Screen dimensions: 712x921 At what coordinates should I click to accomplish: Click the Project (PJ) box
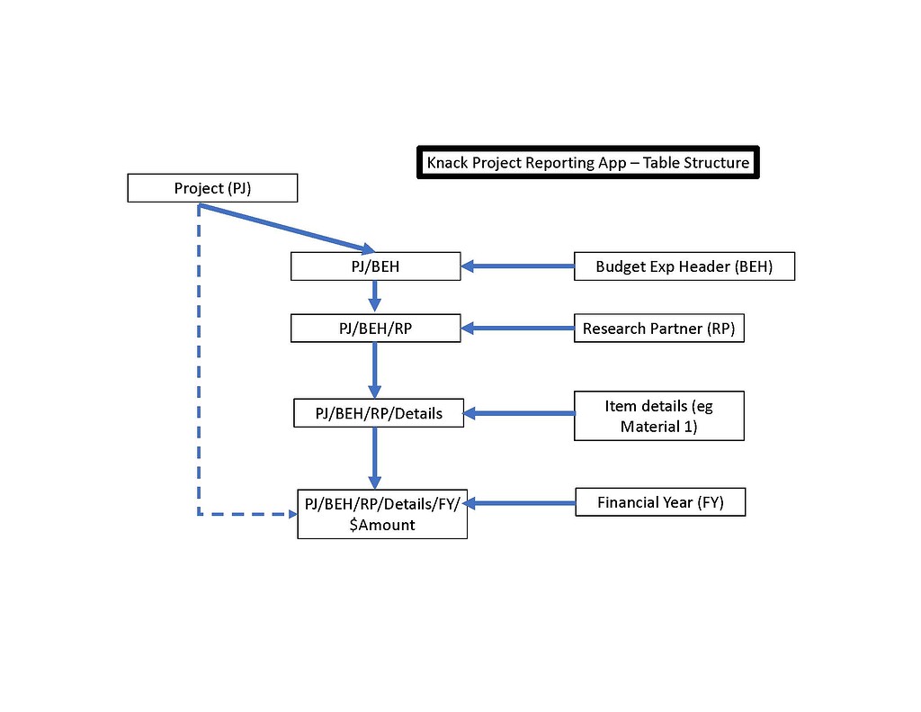pos(212,189)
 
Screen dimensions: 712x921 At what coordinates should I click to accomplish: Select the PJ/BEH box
pos(375,266)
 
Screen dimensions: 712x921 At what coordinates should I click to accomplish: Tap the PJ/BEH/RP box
pos(375,329)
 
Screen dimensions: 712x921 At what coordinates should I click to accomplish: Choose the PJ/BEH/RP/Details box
pos(379,413)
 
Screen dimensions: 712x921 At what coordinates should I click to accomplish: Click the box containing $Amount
pos(382,514)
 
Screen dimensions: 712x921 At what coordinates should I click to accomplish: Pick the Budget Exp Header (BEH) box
pos(684,266)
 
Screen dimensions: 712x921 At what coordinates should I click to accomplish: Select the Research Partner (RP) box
pos(658,329)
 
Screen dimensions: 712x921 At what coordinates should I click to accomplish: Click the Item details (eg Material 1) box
pos(658,416)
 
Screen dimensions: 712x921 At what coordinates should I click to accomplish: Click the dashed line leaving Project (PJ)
pos(199,360)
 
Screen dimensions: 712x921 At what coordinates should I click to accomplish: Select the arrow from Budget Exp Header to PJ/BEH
pos(518,266)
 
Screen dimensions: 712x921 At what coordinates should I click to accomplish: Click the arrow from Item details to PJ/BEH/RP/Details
pos(520,413)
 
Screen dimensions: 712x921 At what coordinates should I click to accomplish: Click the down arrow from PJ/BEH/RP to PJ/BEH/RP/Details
pos(375,370)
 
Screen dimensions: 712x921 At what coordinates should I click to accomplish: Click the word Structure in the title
pos(716,163)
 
